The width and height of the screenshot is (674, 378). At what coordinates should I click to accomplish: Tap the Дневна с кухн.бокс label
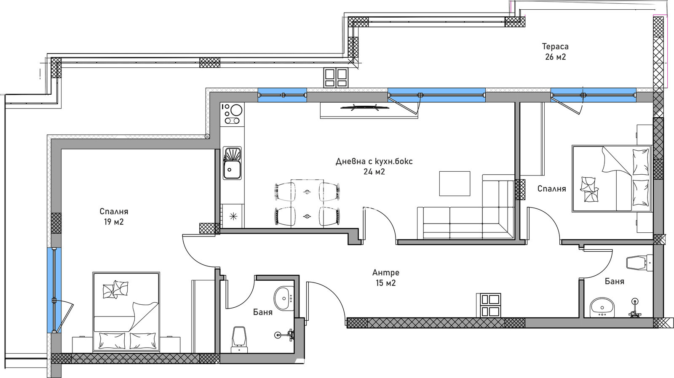click(x=374, y=162)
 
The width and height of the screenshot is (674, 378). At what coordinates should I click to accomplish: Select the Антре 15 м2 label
click(x=386, y=278)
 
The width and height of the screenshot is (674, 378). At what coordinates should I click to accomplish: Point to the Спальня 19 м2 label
click(x=114, y=217)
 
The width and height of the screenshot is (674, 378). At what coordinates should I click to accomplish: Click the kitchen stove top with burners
click(x=232, y=114)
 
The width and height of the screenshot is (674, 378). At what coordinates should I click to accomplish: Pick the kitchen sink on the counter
click(x=232, y=163)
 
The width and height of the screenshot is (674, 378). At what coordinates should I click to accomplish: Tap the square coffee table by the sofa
click(x=455, y=184)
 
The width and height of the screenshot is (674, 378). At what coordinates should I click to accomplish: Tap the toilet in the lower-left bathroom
click(x=240, y=340)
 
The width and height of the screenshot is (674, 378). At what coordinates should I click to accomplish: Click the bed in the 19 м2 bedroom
click(x=126, y=311)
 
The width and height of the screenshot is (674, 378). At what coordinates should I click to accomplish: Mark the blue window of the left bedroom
click(x=54, y=290)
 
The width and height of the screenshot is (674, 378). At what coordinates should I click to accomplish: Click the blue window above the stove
click(x=282, y=95)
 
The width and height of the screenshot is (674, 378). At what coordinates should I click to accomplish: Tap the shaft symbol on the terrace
click(x=336, y=77)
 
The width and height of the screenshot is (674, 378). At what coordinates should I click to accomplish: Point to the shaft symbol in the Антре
click(x=488, y=305)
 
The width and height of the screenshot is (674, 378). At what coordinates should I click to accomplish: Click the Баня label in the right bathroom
click(x=615, y=281)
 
